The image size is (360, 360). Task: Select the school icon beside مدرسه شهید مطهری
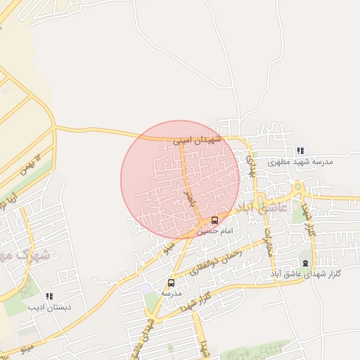[300, 150]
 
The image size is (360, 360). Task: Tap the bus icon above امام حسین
[214, 219]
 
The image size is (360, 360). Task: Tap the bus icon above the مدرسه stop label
[171, 282]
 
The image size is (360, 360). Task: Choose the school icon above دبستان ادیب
[49, 297]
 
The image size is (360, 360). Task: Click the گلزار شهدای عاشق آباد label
[305, 273]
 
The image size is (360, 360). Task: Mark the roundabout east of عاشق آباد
[299, 190]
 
